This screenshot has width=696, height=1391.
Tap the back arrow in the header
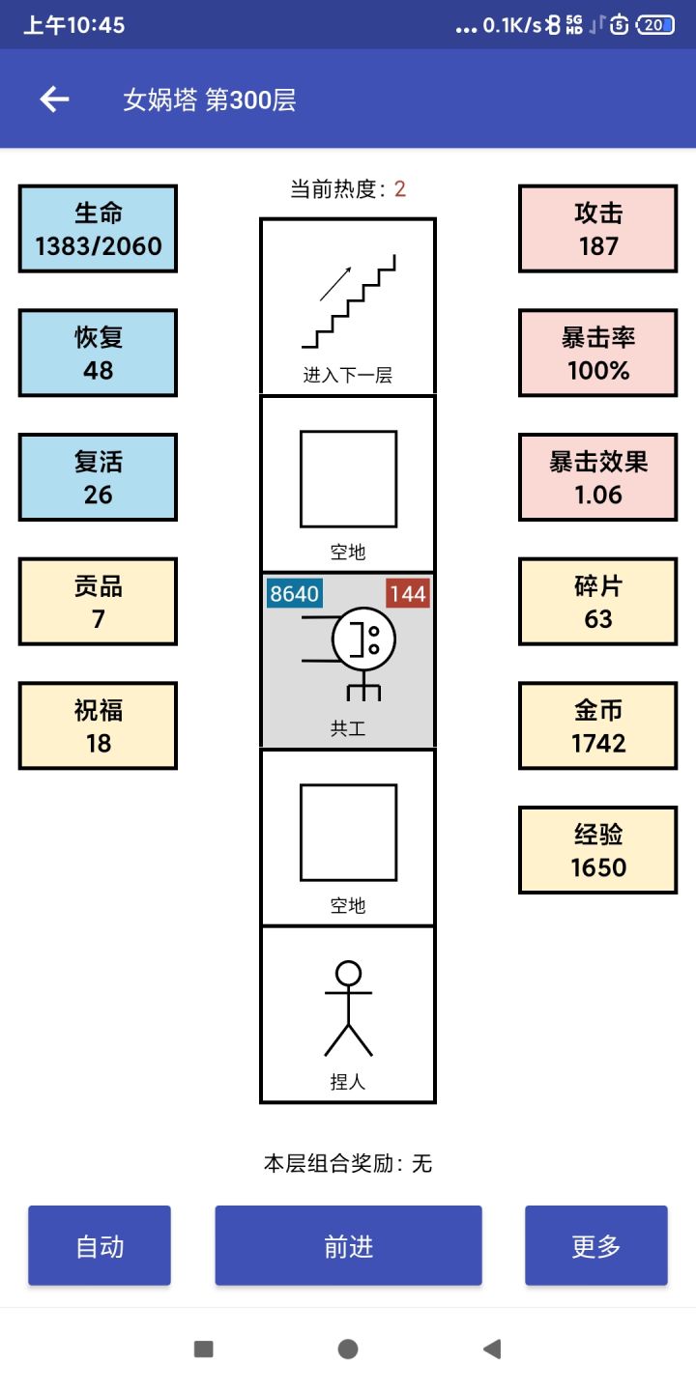coord(54,99)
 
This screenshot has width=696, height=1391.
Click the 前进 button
coord(348,1246)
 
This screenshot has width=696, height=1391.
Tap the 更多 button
coord(596,1246)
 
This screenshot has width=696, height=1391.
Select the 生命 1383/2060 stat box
coord(98,229)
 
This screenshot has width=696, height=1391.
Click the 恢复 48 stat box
coord(98,354)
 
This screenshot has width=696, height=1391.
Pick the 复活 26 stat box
coord(98,477)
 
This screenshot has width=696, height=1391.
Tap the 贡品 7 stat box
coord(98,602)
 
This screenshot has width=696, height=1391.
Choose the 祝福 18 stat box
coord(98,726)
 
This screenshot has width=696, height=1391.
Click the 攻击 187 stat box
coord(598,229)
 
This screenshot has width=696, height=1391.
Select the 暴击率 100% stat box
coord(598,354)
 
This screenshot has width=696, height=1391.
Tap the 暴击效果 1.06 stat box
coord(598,477)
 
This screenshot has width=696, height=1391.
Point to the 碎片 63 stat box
coord(598,602)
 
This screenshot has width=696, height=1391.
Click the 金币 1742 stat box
coord(598,726)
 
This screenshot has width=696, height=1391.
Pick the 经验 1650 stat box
coord(598,851)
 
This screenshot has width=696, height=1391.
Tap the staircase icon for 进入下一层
coord(349,301)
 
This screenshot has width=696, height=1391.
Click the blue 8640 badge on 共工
coord(294,594)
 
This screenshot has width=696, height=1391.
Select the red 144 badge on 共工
coord(408,594)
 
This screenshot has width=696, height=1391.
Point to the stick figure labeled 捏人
coord(348,1008)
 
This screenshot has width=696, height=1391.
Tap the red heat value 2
coord(400,189)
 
